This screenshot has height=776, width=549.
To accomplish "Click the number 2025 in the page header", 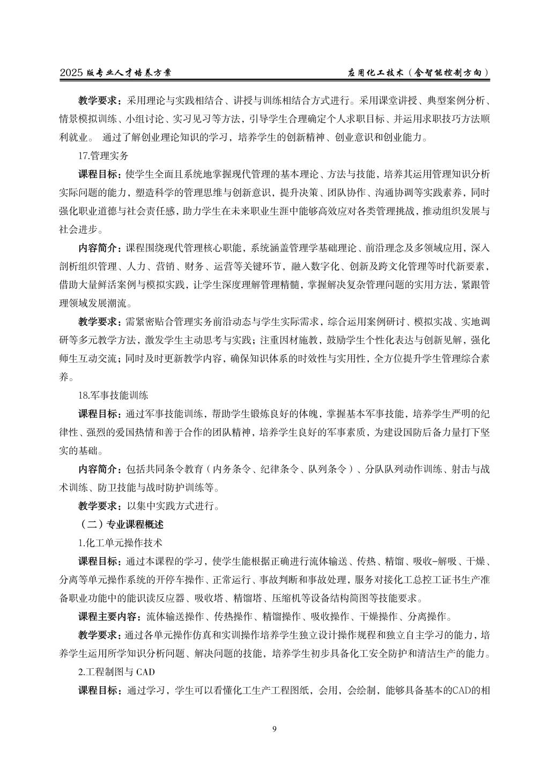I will tap(71, 72).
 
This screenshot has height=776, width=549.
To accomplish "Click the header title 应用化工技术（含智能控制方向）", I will tap(418, 72).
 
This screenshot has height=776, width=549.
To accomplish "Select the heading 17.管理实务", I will tap(103, 156).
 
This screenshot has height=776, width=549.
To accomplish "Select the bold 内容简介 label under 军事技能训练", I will tap(99, 469).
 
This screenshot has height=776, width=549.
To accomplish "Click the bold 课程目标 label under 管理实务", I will tap(99, 175).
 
